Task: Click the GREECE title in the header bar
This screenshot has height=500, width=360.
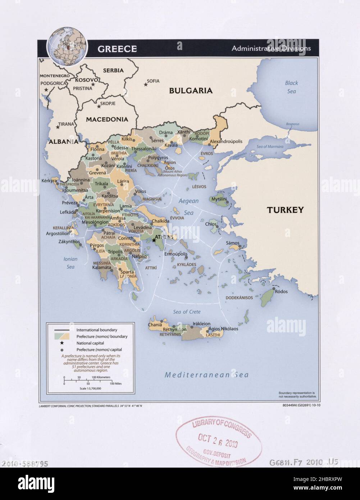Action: [x=117, y=49]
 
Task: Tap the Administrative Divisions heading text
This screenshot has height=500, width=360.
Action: [x=271, y=48]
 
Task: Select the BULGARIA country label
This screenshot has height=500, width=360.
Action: [x=191, y=91]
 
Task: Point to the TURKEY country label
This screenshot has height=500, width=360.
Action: [x=285, y=210]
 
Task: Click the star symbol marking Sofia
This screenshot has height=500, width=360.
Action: [x=146, y=85]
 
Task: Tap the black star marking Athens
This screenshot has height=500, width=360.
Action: [x=154, y=240]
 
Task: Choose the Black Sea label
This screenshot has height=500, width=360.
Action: [x=291, y=87]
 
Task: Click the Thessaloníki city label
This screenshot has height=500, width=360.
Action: [x=143, y=149]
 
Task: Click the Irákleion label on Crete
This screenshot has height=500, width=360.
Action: [x=201, y=324]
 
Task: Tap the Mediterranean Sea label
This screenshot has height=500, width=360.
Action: [x=206, y=375]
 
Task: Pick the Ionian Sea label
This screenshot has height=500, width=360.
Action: [x=70, y=263]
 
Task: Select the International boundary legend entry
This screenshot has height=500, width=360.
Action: [x=96, y=330]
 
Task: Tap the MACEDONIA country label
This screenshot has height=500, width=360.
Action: [x=107, y=119]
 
